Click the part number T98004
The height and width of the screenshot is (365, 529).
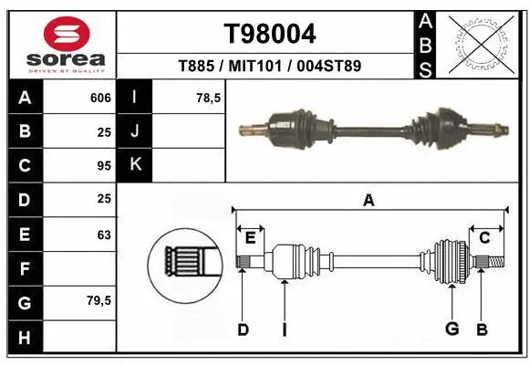pos(269,35)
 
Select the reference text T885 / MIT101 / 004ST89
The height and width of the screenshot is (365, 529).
pos(269,66)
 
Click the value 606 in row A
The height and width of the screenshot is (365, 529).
pos(100,98)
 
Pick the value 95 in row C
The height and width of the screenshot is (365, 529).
pos(103,166)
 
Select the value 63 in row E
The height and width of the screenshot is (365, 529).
pos(103,235)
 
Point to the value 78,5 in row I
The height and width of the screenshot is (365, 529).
pos(209,98)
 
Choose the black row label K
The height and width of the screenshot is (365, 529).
pos(135,165)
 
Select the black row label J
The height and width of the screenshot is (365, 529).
pos(135,131)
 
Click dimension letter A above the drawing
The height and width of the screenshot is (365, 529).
pos(368,201)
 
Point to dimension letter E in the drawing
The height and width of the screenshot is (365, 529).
pos(250,238)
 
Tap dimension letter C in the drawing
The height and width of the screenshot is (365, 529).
pos(485,238)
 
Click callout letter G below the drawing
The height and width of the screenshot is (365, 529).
pos(450,329)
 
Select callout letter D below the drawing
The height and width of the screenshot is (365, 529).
pos(243,329)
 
